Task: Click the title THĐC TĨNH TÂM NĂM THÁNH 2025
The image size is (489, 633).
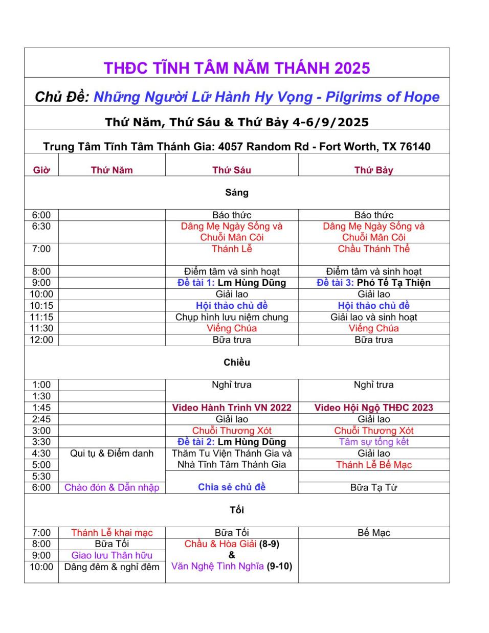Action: [x=237, y=68]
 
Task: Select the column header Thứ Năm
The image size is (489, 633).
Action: [x=112, y=170]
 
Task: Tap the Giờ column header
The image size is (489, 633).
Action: [x=41, y=170]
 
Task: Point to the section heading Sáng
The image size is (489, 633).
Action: [x=237, y=193]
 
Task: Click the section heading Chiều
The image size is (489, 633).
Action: [x=237, y=363]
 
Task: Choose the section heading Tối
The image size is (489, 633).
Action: [x=237, y=510]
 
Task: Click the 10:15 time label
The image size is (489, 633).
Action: [x=41, y=306]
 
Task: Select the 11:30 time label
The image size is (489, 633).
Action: [x=41, y=328]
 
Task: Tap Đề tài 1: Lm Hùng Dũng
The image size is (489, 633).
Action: [x=232, y=283]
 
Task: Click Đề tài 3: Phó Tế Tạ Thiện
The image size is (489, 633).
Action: [x=373, y=283]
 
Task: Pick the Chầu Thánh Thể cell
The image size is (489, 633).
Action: [x=373, y=249]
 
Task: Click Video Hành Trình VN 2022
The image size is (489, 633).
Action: [x=232, y=408]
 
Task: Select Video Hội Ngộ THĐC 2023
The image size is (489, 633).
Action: [x=373, y=408]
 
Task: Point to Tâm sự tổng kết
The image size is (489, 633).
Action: [x=373, y=442]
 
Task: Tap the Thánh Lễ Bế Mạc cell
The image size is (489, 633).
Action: [x=373, y=465]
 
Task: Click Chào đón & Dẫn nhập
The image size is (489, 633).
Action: [x=112, y=487]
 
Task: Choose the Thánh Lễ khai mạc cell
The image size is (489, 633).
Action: [x=112, y=533]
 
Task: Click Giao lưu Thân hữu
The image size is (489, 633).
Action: [x=112, y=555]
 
